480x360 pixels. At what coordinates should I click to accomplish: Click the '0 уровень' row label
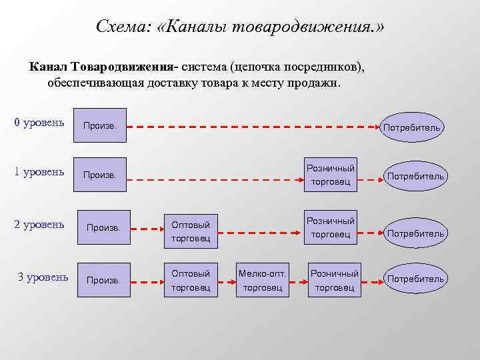click(39, 123)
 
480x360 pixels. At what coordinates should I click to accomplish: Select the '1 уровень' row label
click(39, 172)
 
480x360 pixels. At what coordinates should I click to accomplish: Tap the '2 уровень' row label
click(39, 224)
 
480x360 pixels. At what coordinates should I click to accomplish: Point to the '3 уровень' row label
click(43, 276)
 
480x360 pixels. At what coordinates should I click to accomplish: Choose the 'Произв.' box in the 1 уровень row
click(99, 175)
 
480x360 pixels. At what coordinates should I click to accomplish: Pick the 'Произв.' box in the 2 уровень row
click(103, 228)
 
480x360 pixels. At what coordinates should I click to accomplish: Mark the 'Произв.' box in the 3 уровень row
click(103, 280)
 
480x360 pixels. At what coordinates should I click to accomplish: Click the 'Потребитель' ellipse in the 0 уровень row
click(412, 127)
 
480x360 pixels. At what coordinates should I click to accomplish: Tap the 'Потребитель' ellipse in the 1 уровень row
click(416, 176)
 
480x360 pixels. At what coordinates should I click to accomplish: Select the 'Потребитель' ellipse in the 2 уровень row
click(416, 233)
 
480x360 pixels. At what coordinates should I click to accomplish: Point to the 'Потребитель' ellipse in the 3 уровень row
click(416, 279)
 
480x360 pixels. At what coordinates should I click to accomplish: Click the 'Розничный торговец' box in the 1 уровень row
click(330, 175)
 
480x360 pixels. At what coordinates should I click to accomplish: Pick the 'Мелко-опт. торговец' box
click(263, 280)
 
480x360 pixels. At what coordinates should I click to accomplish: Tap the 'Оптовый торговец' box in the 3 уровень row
click(191, 280)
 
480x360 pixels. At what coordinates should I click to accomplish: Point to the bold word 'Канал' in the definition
click(48, 67)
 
